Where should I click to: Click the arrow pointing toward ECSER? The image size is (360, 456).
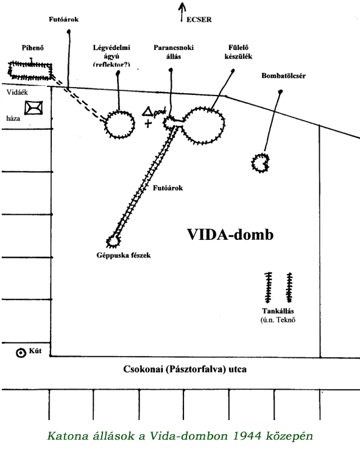point(182,12)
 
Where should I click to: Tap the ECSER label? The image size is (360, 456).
point(199,19)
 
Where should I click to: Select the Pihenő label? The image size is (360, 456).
point(33,47)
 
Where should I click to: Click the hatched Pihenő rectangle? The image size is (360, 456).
point(30,63)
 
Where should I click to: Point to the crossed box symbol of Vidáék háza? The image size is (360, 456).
point(34,108)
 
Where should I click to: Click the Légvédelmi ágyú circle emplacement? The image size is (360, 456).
point(105,124)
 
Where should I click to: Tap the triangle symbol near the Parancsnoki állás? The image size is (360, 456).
point(147,111)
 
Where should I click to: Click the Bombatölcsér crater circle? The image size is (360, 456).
point(252,163)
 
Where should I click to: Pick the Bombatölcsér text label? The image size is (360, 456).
point(283,76)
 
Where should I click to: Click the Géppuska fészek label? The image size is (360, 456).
point(124,255)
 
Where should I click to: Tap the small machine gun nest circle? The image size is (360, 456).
point(108,241)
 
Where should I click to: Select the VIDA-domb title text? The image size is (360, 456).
point(230,234)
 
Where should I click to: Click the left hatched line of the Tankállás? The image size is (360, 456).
point(269,287)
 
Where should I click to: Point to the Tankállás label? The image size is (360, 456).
point(278,311)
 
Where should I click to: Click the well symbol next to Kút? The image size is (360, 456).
point(21,353)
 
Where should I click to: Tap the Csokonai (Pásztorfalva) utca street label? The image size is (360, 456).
point(185,369)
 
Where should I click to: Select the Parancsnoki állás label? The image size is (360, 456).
point(174,52)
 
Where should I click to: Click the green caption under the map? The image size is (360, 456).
point(180,436)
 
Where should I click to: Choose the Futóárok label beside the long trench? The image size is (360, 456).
point(168,188)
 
